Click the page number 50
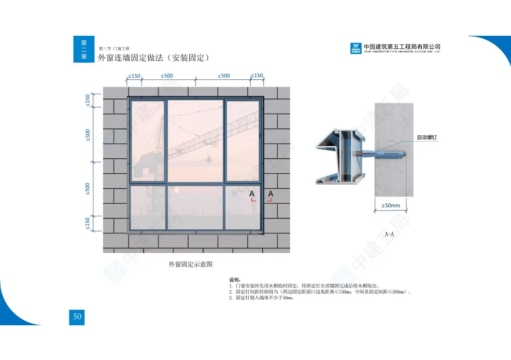[x=77, y=317]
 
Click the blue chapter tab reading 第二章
[x=84, y=50]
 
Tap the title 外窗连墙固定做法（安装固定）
[x=153, y=58]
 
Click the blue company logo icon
[x=356, y=49]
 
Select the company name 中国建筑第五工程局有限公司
[x=402, y=47]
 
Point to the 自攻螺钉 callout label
[x=427, y=137]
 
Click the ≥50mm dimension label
[x=391, y=205]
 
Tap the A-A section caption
[x=389, y=234]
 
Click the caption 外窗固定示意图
[x=191, y=264]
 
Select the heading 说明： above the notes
[x=235, y=280]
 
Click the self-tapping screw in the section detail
[x=381, y=154]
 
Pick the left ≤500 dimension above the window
[x=167, y=76]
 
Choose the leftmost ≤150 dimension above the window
[x=134, y=76]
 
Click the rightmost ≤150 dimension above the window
[x=257, y=76]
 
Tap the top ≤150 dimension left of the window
[x=88, y=100]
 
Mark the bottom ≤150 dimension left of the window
[x=88, y=223]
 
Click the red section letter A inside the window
[x=252, y=194]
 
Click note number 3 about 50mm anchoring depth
[x=262, y=298]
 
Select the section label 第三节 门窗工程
[x=113, y=48]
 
